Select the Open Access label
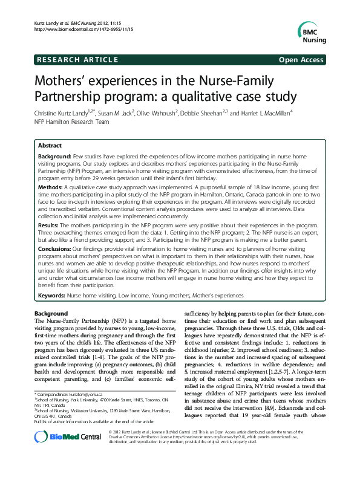[302, 59]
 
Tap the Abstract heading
[50, 146]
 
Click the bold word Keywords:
[51, 295]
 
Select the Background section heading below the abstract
[51, 313]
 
